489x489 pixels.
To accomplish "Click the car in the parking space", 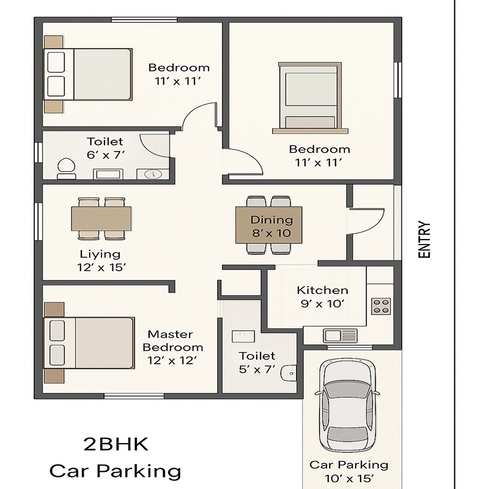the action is [347, 405].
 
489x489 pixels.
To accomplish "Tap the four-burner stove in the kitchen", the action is [381, 306].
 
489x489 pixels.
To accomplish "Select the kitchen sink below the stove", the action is [340, 336].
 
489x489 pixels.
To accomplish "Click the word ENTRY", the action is [424, 240].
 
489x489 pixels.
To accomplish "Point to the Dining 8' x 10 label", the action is [271, 226].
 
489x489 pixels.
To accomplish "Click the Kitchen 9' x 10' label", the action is [323, 297].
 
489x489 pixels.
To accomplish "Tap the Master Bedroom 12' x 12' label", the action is [172, 347].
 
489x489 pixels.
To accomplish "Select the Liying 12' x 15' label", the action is [100, 261].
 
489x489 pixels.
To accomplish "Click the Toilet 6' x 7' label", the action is [105, 148].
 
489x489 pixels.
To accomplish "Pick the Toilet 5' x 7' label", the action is [257, 362].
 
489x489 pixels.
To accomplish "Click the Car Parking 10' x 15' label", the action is [349, 471].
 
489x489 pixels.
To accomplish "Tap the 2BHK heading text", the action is [116, 444].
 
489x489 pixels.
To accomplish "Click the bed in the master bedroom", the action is [89, 343].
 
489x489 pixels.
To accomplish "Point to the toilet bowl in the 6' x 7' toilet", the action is [66, 169].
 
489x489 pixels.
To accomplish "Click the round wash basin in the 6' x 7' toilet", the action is [153, 174].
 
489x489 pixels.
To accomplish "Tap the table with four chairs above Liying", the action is [101, 219].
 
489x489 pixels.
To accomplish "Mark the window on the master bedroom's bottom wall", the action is [134, 396].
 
